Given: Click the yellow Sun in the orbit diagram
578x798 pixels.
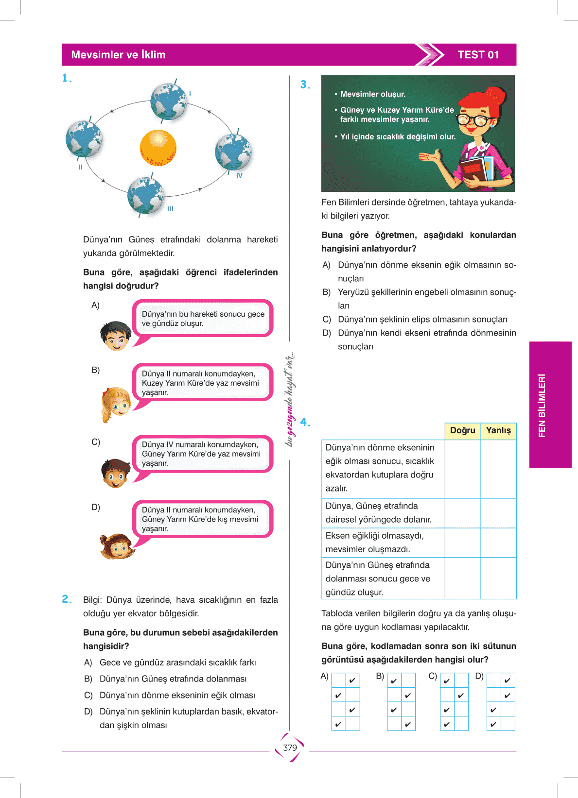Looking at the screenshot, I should tap(158, 148).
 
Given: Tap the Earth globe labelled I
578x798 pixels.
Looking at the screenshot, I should tap(169, 102).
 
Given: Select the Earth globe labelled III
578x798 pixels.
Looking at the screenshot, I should tap(145, 195).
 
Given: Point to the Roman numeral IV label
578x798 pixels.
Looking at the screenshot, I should tap(239, 176).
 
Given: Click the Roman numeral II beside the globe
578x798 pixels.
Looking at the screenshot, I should tap(80, 167).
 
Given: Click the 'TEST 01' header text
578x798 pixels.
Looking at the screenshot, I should tap(478, 55).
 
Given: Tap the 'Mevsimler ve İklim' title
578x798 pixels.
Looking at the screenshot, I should tap(118, 55).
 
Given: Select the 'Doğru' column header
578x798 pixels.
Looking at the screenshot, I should tap(462, 430).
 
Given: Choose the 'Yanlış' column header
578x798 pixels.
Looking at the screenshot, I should tap(498, 430).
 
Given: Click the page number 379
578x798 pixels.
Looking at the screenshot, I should tap(290, 747).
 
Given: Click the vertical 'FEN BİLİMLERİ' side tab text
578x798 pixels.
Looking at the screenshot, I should tap(542, 405).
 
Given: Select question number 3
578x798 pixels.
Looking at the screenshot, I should tap(305, 85).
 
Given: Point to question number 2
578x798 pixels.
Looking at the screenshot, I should tap(67, 599).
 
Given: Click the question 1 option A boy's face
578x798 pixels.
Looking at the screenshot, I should tap(116, 336).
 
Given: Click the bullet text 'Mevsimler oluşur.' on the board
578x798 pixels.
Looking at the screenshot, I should tap(372, 94).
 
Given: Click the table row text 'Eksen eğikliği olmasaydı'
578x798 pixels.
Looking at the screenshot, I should tap(374, 536).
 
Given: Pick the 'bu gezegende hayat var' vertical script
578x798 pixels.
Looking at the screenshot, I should tap(290, 399).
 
